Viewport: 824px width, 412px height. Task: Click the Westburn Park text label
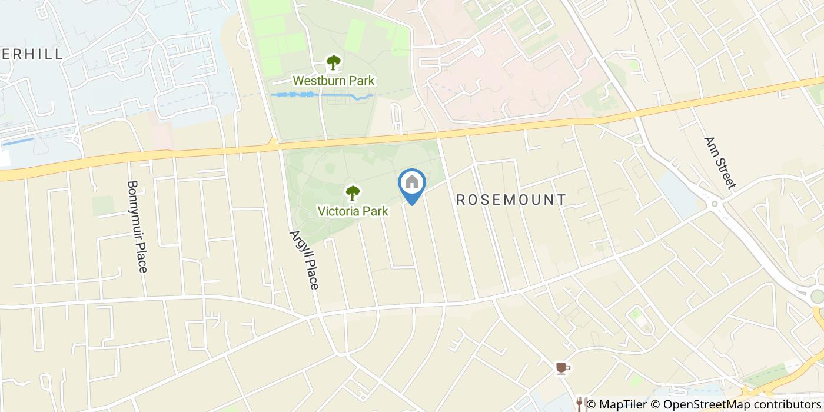334,81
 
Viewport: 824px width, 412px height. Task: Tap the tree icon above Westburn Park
334,62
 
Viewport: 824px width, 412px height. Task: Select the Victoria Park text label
353,211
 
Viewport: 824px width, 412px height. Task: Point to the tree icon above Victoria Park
353,192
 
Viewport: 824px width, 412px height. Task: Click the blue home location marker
412,184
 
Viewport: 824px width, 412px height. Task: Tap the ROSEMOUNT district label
511,200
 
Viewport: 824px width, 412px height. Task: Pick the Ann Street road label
720,163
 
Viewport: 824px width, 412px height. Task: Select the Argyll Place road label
304,259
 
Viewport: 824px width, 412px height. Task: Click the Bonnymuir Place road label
137,226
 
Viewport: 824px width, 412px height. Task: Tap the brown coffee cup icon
563,368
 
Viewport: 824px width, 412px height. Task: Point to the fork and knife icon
581,403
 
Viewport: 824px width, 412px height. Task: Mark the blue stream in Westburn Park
321,95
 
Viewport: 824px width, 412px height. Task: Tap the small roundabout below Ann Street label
715,204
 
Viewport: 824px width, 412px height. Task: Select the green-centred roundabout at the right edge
817,296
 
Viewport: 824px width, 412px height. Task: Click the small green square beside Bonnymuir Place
103,205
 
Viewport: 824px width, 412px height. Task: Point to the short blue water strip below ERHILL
18,142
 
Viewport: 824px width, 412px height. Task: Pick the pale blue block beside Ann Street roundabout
677,191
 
